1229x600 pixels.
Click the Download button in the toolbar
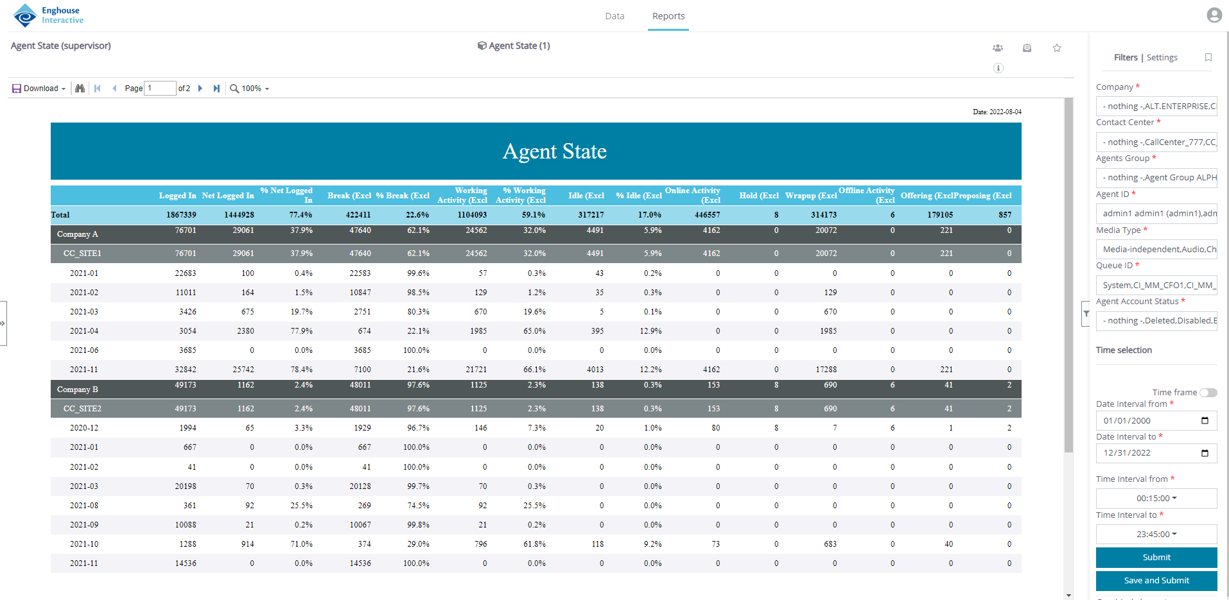[39, 89]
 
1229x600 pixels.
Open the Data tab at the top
[614, 16]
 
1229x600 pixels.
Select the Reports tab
[668, 16]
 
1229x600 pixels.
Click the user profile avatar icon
[1214, 15]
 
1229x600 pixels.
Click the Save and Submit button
[1156, 580]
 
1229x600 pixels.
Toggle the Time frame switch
[1208, 393]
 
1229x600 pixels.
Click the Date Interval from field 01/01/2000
[1149, 421]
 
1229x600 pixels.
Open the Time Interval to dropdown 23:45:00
[1156, 534]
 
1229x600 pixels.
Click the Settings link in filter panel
[1162, 58]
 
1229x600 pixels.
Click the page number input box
[160, 89]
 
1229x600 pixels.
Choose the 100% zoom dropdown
[250, 89]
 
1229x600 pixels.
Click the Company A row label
[78, 234]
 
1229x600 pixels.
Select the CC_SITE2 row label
[82, 409]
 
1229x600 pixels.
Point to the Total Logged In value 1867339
[181, 215]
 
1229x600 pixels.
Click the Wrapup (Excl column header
[810, 196]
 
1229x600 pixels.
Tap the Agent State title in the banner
[554, 151]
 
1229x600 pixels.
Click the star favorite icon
[1056, 48]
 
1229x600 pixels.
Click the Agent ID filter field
[1156, 214]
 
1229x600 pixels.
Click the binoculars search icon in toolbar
[80, 89]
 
